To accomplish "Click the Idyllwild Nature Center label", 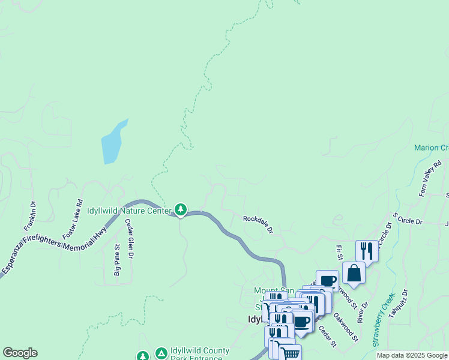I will point(128,211).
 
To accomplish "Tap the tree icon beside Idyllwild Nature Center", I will point(180,209).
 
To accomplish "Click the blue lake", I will point(112,142).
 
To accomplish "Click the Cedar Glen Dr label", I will point(129,238).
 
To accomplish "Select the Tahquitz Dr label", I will point(399,304).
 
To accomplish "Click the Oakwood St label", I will point(346,327).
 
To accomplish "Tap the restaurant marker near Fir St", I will point(367,251).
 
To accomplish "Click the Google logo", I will point(20,353).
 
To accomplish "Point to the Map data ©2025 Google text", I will point(411,355).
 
